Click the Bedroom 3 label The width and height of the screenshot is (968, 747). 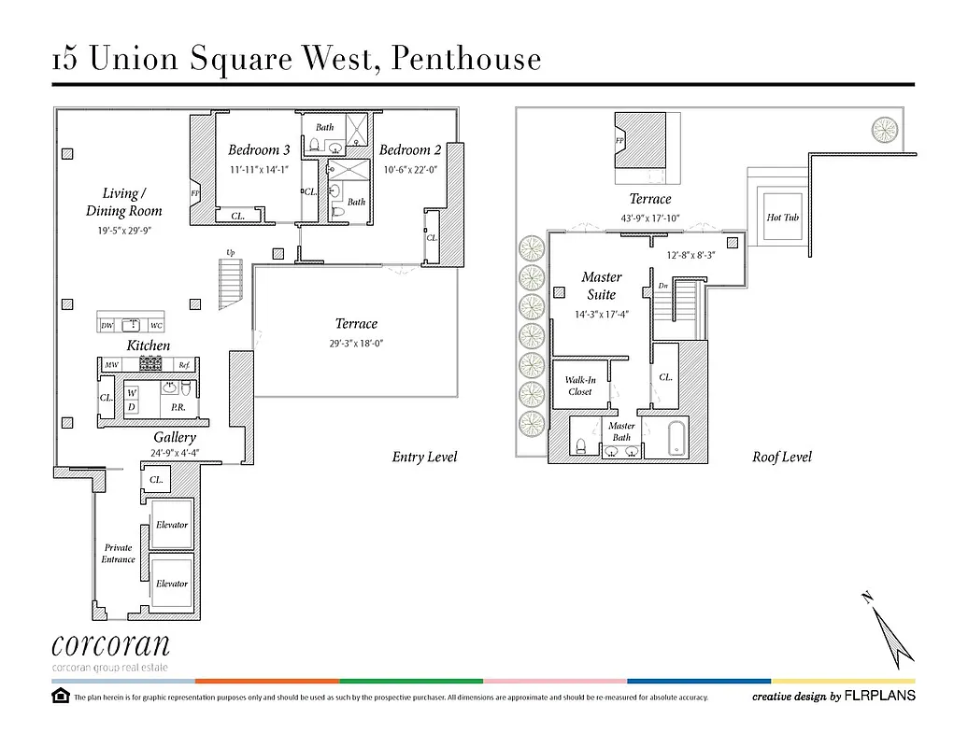259,149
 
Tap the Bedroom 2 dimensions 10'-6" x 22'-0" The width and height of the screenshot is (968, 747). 410,170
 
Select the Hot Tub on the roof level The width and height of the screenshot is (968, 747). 781,218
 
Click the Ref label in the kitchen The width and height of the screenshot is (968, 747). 184,365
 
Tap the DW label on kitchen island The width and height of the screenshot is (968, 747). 107,326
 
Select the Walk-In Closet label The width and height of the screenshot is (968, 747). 580,386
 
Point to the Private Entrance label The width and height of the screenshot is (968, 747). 119,554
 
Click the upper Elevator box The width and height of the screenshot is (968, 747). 172,524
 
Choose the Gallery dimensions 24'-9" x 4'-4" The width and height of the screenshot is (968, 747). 175,454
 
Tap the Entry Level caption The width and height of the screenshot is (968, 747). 425,457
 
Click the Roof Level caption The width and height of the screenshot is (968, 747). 782,457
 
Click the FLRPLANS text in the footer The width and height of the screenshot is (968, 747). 880,696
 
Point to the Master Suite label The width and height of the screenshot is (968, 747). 601,285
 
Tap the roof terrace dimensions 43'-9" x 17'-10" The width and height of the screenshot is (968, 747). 650,218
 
